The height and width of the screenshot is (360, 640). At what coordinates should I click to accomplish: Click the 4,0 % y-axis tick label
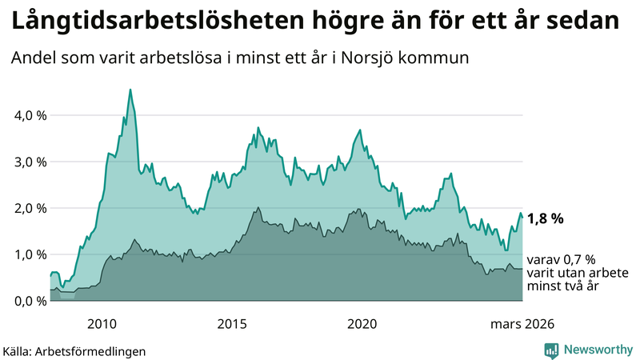pyautogui.click(x=31, y=115)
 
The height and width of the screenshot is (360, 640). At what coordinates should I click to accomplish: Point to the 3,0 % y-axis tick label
pyautogui.click(x=31, y=162)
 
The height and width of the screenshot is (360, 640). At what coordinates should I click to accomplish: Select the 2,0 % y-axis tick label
pyautogui.click(x=31, y=208)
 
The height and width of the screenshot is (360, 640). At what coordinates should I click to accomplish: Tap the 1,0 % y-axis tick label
pyautogui.click(x=31, y=254)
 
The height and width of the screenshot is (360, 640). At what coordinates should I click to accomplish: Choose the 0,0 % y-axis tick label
pyautogui.click(x=31, y=301)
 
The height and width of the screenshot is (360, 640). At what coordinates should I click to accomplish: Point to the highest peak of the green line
pyautogui.click(x=130, y=90)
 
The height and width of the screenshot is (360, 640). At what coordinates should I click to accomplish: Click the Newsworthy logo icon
pyautogui.click(x=551, y=350)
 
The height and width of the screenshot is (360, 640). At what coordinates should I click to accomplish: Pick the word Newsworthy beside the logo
pyautogui.click(x=598, y=350)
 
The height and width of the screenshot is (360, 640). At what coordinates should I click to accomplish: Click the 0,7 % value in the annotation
pyautogui.click(x=578, y=260)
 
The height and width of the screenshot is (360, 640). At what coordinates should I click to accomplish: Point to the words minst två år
pyautogui.click(x=564, y=286)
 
